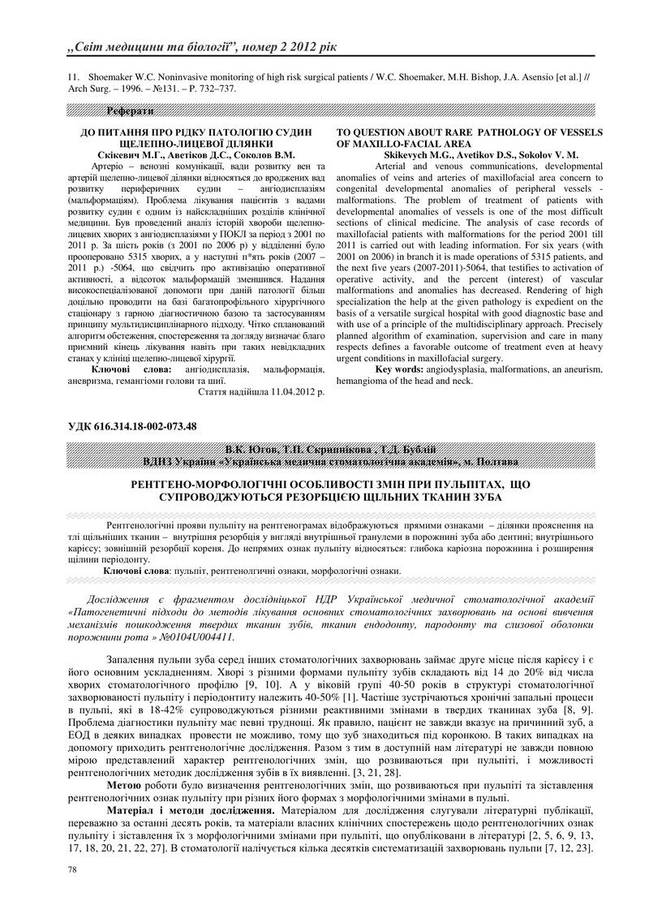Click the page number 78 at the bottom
[71, 869]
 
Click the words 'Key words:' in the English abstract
[398, 369]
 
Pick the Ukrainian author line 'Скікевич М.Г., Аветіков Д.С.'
[165, 153]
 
